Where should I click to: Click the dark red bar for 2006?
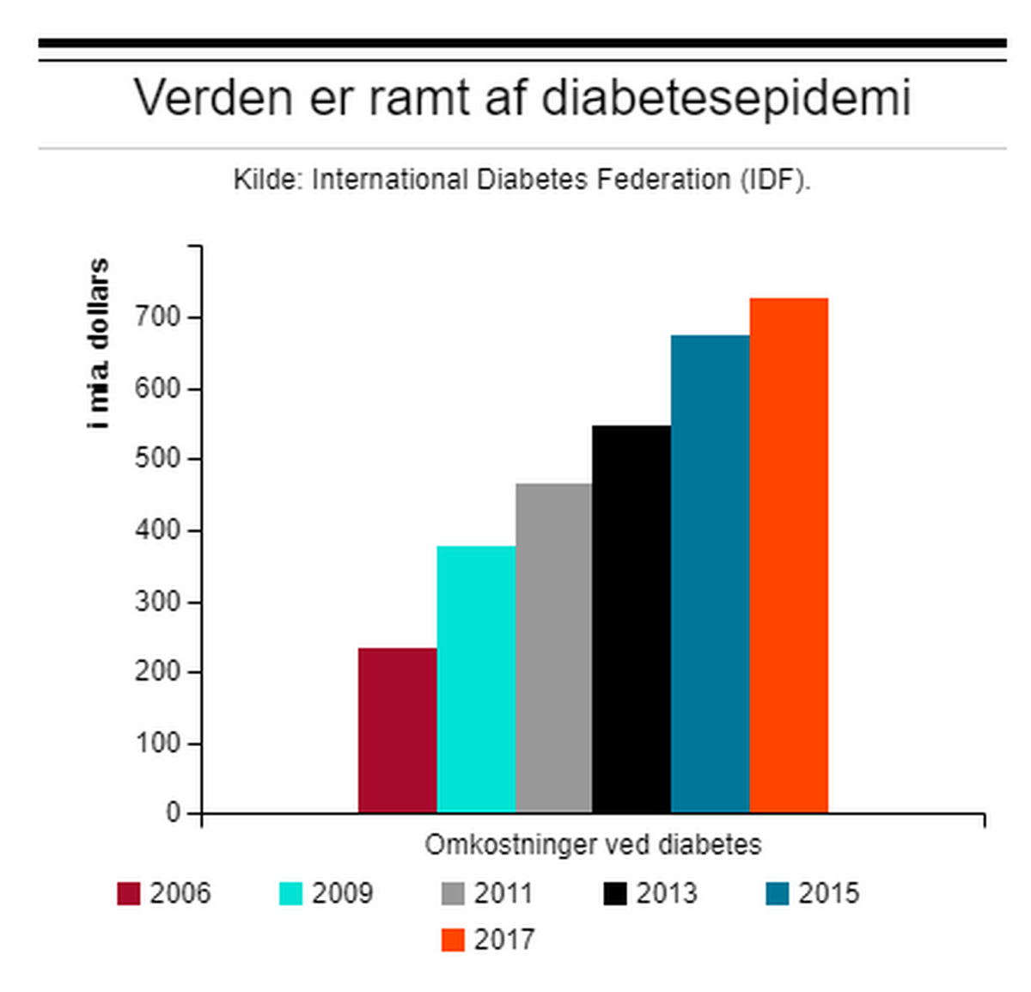click(x=397, y=730)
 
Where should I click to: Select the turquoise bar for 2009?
click(x=476, y=679)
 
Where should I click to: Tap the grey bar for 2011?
click(x=554, y=648)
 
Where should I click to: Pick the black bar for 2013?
click(x=631, y=619)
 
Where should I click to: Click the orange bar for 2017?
click(x=789, y=555)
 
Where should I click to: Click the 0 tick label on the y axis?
click(x=174, y=813)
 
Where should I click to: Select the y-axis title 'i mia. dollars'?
click(x=100, y=344)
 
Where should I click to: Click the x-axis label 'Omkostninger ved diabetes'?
click(x=593, y=845)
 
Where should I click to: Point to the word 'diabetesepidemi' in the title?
click(x=726, y=97)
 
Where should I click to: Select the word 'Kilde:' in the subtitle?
click(x=267, y=180)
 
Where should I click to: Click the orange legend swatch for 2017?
click(x=453, y=940)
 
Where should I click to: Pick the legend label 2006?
click(x=180, y=894)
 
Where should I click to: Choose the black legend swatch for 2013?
click(x=615, y=894)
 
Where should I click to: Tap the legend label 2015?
click(x=828, y=894)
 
